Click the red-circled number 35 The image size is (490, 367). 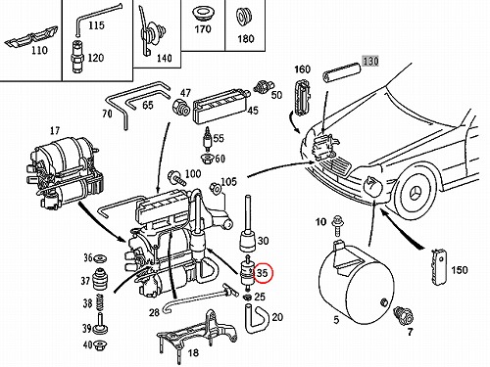[262, 273]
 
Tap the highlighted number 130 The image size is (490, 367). [370, 61]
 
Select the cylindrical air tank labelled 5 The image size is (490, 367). [356, 283]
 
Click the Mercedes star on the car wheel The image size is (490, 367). [416, 194]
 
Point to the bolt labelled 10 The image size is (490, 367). [336, 225]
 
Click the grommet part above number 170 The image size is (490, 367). [202, 14]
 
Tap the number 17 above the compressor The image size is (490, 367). [55, 131]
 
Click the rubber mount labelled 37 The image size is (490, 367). [101, 280]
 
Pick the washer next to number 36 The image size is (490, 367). [100, 258]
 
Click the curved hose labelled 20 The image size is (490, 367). [257, 318]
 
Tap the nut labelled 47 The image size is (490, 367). [180, 108]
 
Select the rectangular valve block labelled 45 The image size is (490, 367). [220, 106]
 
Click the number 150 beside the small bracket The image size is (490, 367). [460, 270]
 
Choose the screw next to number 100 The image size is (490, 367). [175, 178]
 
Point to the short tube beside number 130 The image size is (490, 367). [341, 72]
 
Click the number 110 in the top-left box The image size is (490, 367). [39, 50]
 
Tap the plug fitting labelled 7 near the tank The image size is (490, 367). [404, 315]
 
